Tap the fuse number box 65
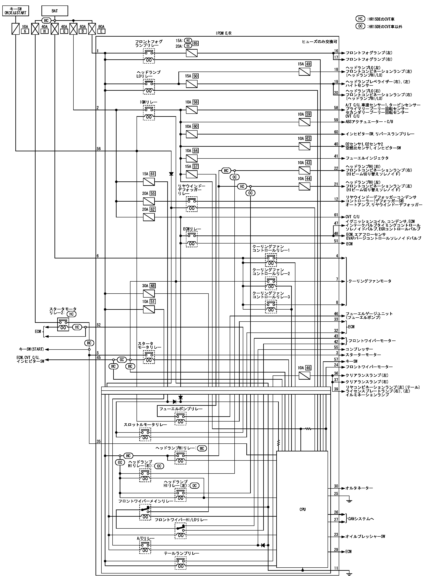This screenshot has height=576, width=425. [195, 43]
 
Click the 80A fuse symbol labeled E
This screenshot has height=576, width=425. [92, 29]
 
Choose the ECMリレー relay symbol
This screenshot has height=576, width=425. [192, 239]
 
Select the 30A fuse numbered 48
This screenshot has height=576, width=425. [149, 294]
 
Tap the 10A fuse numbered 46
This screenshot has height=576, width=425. [304, 376]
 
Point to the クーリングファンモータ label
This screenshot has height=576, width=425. [370, 281]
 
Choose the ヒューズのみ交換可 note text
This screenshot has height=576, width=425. [319, 41]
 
